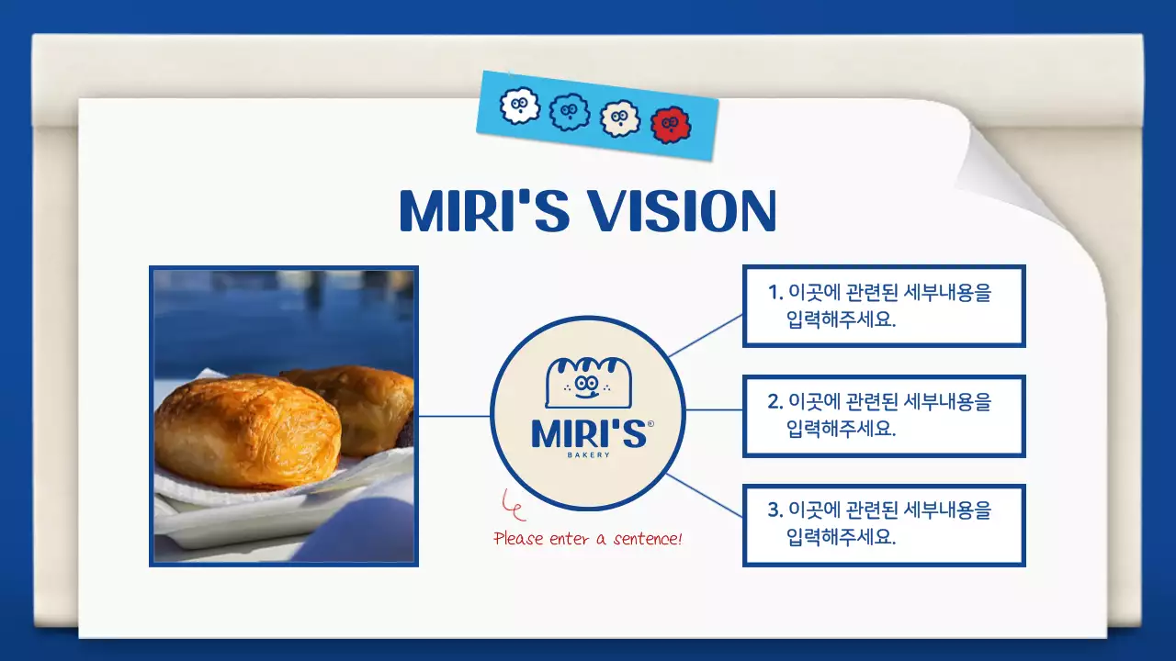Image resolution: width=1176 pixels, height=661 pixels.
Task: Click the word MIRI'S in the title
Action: [483, 212]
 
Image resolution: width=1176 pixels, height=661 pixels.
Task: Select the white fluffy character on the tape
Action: [519, 106]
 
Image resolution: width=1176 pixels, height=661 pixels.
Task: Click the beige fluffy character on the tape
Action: [619, 118]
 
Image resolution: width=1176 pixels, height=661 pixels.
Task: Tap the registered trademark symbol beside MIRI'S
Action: [650, 424]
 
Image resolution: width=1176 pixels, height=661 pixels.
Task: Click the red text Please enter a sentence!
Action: [588, 539]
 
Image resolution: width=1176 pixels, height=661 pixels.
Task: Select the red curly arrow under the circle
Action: [512, 504]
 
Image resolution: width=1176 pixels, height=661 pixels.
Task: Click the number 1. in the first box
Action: [775, 293]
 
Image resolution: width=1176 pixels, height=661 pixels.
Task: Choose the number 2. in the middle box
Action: [775, 402]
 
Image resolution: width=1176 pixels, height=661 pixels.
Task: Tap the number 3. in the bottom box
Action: [775, 510]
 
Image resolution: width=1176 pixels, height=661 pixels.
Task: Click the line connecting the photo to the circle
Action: [454, 416]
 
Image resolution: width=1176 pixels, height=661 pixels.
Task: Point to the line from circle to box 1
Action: [706, 335]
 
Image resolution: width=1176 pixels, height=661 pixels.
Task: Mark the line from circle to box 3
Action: [706, 497]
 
